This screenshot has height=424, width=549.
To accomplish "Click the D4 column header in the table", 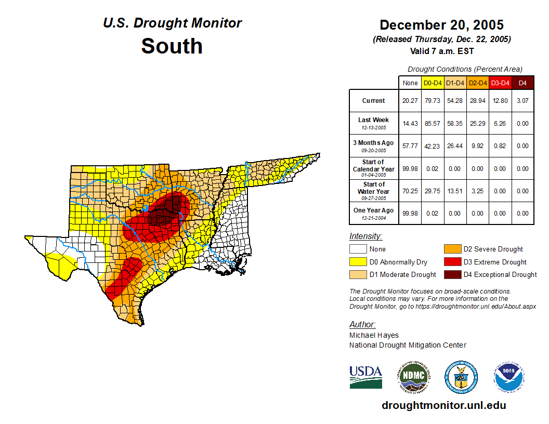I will [x=523, y=83].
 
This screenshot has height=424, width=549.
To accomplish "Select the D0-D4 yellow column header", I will [x=433, y=83].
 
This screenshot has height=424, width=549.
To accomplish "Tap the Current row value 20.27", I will [x=410, y=101].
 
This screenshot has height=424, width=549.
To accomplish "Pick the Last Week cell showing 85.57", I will [x=433, y=124].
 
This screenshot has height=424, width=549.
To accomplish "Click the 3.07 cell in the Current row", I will [x=523, y=101].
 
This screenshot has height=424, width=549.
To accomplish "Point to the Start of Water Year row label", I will [x=374, y=191].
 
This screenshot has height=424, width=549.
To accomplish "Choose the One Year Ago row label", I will [x=374, y=213].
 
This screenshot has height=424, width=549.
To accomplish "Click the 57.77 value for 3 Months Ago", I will [x=410, y=146].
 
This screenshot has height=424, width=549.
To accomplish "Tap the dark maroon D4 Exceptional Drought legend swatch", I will [x=452, y=274].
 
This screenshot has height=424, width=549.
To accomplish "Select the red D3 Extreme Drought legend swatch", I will [x=452, y=262].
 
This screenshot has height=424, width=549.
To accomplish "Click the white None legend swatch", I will [x=358, y=249].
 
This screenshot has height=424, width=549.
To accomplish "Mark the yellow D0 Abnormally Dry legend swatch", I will [x=358, y=262].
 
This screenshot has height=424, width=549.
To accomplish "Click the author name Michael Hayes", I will [x=374, y=335].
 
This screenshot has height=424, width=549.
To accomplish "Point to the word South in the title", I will [x=172, y=46].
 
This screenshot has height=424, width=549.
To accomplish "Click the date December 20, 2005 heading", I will [x=441, y=25].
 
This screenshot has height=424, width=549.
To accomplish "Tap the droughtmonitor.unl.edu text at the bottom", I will [x=443, y=405].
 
